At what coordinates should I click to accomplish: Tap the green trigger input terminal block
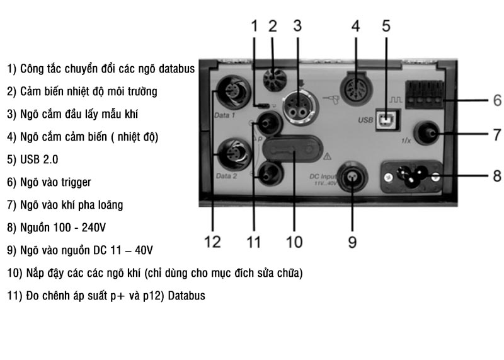424,95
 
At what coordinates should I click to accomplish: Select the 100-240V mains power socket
411,177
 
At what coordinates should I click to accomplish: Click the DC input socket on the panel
353,178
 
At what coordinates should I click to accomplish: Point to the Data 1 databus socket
233,93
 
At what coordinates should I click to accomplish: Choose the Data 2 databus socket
234,154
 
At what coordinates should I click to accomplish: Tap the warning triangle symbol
327,156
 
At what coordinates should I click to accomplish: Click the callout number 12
212,242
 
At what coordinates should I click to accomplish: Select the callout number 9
352,242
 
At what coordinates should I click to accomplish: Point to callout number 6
497,100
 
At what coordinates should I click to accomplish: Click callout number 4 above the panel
355,26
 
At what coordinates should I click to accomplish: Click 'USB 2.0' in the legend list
39,160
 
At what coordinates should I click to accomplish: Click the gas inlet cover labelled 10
292,149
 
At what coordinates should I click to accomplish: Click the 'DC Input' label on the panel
323,177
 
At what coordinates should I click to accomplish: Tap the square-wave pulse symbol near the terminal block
396,100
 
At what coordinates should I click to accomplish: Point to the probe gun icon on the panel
329,101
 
